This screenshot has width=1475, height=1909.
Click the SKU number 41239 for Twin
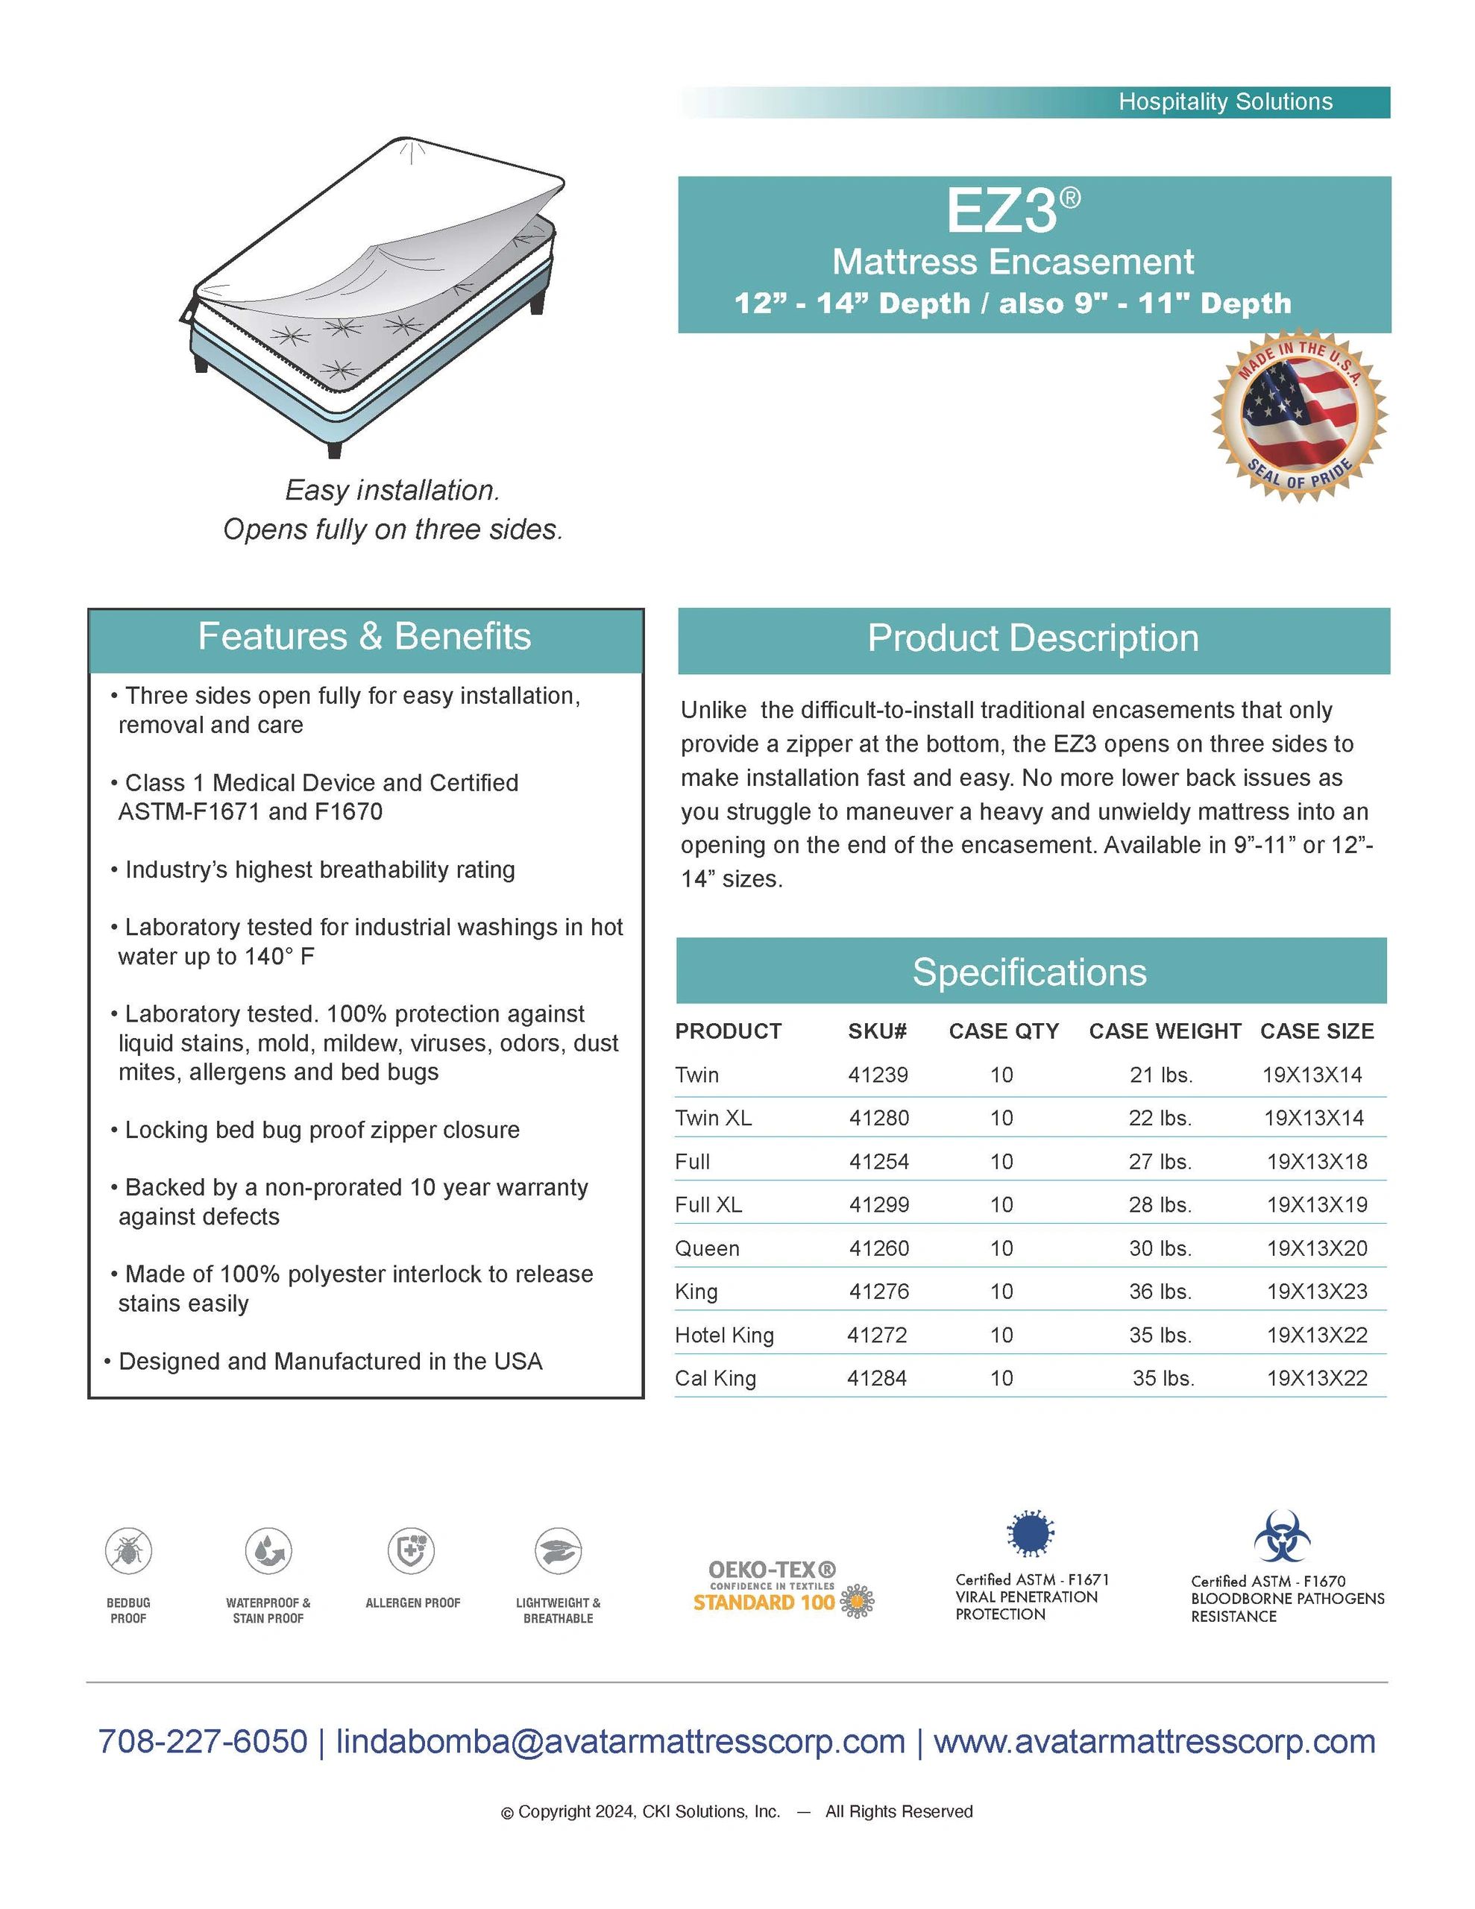pyautogui.click(x=878, y=1075)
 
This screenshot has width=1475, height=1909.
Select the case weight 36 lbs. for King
pyautogui.click(x=1160, y=1291)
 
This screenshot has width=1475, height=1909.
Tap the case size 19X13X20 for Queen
pyautogui.click(x=1317, y=1248)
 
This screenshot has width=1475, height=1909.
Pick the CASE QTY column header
pyautogui.click(x=1004, y=1031)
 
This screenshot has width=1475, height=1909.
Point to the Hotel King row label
pyautogui.click(x=724, y=1335)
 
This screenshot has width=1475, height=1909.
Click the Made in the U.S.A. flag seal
pyautogui.click(x=1299, y=416)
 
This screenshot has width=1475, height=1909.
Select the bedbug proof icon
pyautogui.click(x=128, y=1552)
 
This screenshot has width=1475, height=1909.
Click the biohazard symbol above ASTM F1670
pyautogui.click(x=1282, y=1538)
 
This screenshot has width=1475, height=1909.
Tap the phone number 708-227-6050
pyautogui.click(x=203, y=1741)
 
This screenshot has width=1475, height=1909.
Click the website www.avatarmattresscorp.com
pyautogui.click(x=1154, y=1741)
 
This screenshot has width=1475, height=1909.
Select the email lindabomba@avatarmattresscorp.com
pyautogui.click(x=620, y=1741)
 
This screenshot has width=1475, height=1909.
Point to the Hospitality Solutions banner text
pyautogui.click(x=1225, y=102)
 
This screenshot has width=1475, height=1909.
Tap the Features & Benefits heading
pyautogui.click(x=365, y=636)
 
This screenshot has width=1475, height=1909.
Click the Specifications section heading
pyautogui.click(x=1029, y=972)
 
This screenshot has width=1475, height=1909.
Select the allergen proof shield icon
pyautogui.click(x=412, y=1552)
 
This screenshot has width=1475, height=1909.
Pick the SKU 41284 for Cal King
pyautogui.click(x=877, y=1378)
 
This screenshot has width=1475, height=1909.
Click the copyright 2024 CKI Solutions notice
pyautogui.click(x=736, y=1812)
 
